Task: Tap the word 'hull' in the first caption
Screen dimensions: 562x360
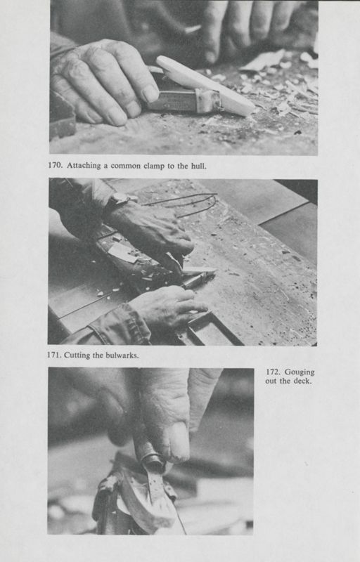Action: pos(196,166)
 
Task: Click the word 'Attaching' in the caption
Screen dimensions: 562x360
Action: pos(88,166)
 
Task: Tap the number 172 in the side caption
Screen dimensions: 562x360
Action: pos(276,372)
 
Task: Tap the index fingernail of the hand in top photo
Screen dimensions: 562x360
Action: pos(150,93)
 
